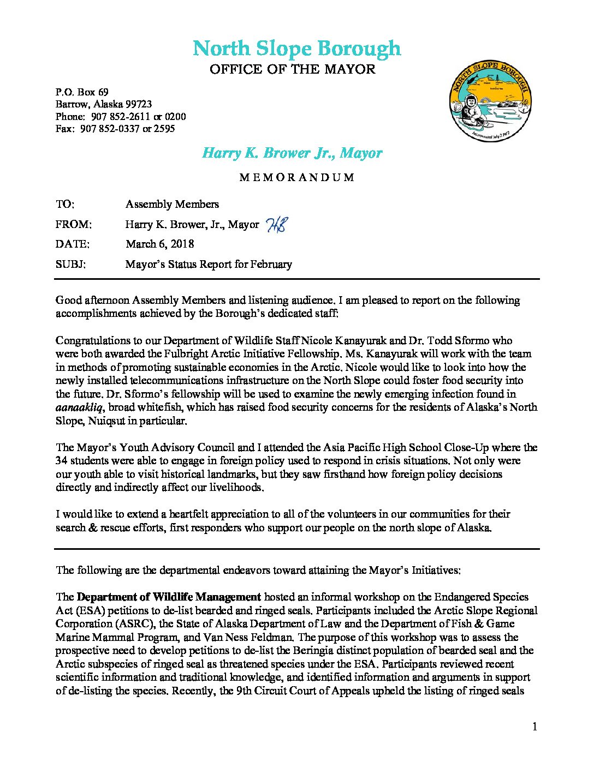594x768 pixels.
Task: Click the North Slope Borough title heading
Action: click(296, 49)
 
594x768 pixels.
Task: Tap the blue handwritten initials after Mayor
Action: click(276, 225)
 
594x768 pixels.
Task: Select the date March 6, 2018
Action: click(159, 244)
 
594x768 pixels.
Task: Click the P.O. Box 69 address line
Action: click(82, 92)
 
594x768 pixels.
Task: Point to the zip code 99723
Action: click(139, 104)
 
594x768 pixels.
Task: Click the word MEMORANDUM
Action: click(296, 177)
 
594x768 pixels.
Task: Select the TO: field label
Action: click(65, 204)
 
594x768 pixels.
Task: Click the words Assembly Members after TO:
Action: click(172, 204)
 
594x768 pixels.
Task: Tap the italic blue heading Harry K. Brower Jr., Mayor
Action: click(292, 153)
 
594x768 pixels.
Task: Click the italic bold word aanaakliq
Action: click(80, 407)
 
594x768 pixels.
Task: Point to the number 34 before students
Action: click(62, 461)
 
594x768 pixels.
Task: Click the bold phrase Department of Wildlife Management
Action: click(169, 597)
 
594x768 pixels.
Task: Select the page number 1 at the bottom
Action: click(534, 727)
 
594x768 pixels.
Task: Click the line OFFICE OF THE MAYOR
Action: click(293, 69)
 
